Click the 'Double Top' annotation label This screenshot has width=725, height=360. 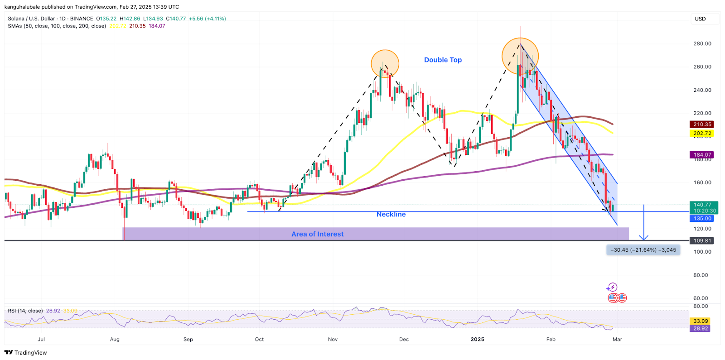(x=443, y=60)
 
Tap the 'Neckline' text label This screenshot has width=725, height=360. (x=391, y=214)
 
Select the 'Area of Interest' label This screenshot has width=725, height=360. (x=317, y=234)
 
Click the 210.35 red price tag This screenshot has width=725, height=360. (x=702, y=125)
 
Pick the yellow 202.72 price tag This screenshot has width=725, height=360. (x=702, y=134)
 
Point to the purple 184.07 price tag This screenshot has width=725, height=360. (x=702, y=155)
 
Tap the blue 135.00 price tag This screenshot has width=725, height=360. (x=702, y=218)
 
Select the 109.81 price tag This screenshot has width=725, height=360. (x=702, y=241)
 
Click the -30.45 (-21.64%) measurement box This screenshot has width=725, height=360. (x=643, y=250)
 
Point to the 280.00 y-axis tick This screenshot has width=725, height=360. (x=702, y=44)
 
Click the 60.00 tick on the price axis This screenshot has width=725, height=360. (x=701, y=298)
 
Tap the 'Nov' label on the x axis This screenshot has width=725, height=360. (x=333, y=339)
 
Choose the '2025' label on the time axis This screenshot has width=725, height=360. (x=477, y=339)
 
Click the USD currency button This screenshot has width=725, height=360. (x=700, y=19)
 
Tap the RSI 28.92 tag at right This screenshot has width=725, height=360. (x=701, y=329)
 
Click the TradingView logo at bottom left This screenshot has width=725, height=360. (x=26, y=353)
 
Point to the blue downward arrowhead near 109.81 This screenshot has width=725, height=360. (x=643, y=237)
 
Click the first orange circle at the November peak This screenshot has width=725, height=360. (x=385, y=64)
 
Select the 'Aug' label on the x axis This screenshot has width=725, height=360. (x=115, y=339)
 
